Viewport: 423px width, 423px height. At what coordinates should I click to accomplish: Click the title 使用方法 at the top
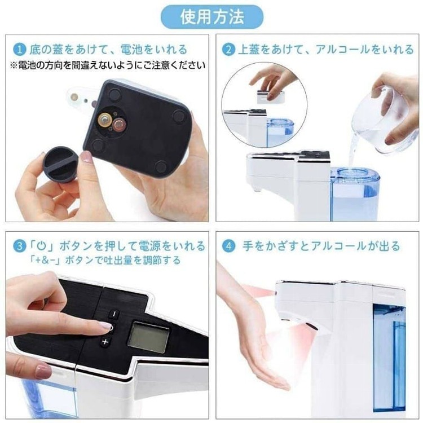212,17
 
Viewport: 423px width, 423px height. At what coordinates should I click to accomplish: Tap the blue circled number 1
20,50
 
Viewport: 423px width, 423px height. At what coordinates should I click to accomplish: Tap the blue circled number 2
229,50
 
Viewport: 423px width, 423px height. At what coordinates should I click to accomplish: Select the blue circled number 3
20,246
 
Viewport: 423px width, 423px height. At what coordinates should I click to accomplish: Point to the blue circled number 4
229,246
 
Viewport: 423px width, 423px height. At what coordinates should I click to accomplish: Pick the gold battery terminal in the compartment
106,120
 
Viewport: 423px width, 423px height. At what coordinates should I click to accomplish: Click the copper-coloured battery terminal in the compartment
119,125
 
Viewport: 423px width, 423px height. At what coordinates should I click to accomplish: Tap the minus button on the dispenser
114,314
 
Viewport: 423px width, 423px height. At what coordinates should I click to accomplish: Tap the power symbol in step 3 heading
41,246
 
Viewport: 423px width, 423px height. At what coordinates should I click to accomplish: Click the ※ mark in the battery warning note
14,65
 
